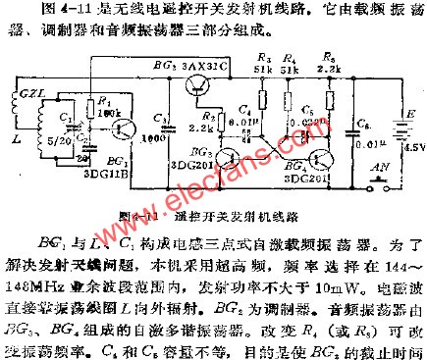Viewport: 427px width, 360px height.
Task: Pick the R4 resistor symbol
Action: pyautogui.click(x=292, y=110)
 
